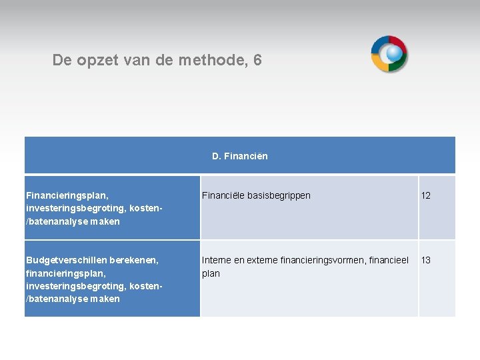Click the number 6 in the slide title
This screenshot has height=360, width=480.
[257, 61]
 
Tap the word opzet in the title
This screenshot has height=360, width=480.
[95, 61]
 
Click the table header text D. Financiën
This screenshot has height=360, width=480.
[240, 157]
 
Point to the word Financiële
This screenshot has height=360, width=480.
[223, 196]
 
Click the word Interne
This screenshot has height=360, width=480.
[216, 260]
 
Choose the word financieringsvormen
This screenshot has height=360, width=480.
[323, 260]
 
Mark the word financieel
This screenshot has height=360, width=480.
[390, 260]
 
